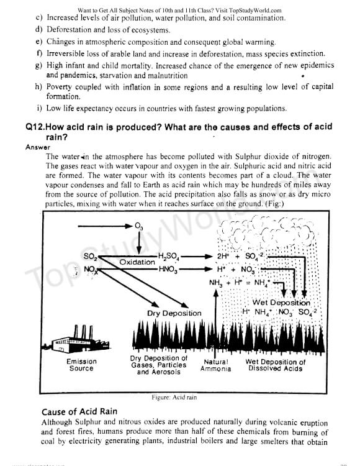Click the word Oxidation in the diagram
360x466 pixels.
coord(137,262)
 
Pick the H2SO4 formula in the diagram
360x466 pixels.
coord(169,256)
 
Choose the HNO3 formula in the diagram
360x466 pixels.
coord(168,270)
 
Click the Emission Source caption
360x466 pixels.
coord(81,365)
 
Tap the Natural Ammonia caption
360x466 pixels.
coord(216,365)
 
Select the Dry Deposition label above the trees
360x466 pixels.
coord(174,313)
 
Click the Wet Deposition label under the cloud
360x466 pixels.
coord(281,303)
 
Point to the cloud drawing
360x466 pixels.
coord(265,232)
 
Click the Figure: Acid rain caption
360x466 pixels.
coord(174,398)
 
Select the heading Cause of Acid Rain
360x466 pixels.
coord(79,411)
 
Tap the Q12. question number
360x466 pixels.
coord(35,127)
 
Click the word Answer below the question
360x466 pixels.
coord(38,147)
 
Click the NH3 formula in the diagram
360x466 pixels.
coord(216,283)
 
